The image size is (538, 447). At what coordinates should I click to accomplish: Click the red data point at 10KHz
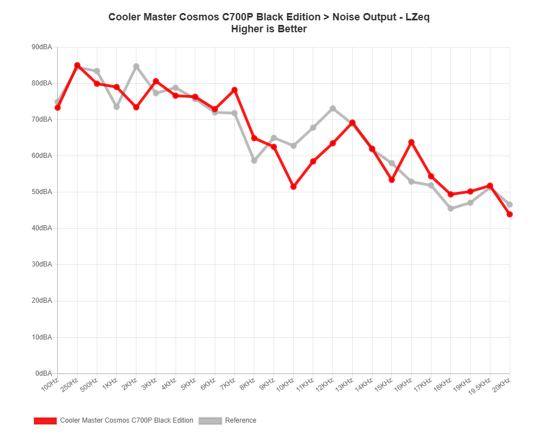tap(293, 187)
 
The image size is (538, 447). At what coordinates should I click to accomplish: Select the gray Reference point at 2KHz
tap(136, 66)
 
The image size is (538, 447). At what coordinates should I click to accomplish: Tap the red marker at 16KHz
tap(411, 142)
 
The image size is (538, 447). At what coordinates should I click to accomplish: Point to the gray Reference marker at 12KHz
tap(333, 108)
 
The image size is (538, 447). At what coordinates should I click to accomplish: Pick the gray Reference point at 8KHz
tap(254, 161)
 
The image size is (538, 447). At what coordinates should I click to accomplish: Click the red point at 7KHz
tap(234, 90)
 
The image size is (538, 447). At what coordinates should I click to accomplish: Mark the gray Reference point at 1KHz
tap(117, 107)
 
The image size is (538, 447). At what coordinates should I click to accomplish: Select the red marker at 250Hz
tap(78, 66)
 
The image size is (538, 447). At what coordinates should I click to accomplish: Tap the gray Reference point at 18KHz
tap(451, 209)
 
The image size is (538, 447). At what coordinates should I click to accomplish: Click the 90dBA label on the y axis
tap(42, 47)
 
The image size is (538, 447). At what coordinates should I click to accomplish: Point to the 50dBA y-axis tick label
tap(42, 192)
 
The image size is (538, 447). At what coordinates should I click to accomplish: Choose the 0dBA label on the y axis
tap(44, 373)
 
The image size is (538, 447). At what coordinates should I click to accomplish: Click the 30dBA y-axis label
tap(42, 264)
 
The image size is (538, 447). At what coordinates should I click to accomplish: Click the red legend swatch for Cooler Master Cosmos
tap(45, 421)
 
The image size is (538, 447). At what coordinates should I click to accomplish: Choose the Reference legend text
tap(241, 421)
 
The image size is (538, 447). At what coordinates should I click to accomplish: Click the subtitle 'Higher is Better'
tap(269, 29)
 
